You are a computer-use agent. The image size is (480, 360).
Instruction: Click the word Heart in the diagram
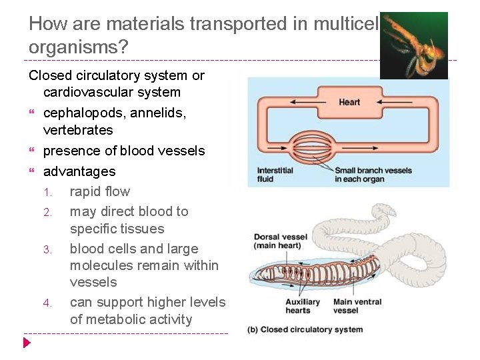click(349, 102)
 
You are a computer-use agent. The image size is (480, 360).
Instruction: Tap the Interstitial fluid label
click(275, 175)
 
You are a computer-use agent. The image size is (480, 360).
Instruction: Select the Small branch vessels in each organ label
click(373, 175)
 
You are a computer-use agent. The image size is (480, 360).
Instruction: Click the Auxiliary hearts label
click(298, 306)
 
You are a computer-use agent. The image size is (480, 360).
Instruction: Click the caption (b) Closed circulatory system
click(305, 329)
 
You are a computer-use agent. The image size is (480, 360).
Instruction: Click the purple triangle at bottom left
click(27, 343)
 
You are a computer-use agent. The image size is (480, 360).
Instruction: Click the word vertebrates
click(78, 130)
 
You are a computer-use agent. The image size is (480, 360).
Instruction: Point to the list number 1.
click(48, 192)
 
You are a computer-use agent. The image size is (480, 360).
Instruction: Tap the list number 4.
click(47, 303)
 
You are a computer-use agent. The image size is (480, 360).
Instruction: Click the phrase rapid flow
click(100, 191)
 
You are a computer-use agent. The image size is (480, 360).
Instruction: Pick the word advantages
click(79, 171)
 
